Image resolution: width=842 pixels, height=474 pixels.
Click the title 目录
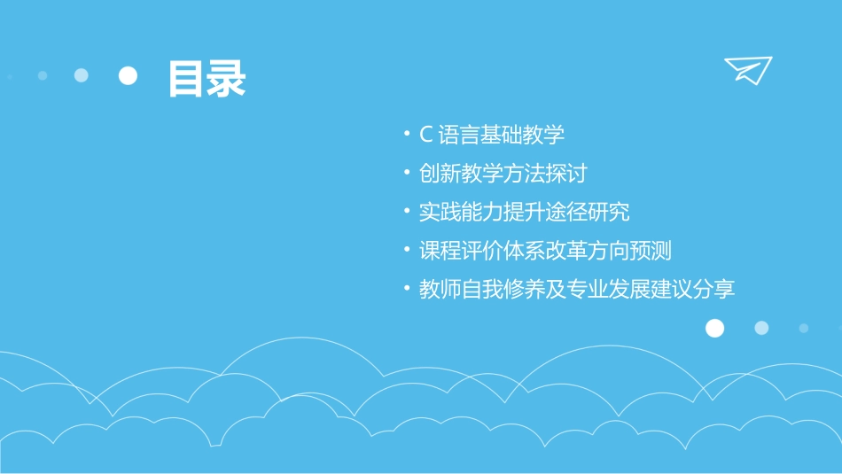207,79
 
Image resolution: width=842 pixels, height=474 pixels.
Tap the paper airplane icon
748,70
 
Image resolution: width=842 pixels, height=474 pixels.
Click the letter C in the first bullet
425,135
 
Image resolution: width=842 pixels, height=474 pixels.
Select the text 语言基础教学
502,135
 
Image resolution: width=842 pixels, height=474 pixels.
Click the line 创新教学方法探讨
503,173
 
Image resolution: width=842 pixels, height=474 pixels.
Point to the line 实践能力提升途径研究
524,212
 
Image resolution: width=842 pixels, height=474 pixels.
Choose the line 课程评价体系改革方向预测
545,250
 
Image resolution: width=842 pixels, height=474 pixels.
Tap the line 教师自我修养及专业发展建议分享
577,289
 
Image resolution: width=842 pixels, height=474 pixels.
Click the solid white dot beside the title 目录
129,75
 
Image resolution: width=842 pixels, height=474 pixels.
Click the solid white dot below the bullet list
714,329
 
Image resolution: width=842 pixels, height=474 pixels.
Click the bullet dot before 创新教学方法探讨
406,173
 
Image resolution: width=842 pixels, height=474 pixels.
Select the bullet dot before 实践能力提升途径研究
406,212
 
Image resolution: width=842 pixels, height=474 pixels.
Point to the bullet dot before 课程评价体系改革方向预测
406,250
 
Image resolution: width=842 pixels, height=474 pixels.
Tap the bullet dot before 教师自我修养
406,289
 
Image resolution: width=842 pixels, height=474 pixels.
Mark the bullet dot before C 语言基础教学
406,135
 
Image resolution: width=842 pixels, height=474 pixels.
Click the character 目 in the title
186,79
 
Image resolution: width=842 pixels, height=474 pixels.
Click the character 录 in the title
227,79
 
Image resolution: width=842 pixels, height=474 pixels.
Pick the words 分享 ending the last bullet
714,289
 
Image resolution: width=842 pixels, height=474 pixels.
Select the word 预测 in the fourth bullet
651,250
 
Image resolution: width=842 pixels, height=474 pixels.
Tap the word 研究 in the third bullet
609,212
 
